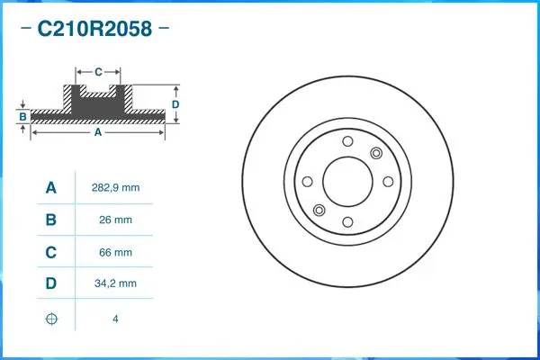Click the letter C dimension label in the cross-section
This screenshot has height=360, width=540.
98,69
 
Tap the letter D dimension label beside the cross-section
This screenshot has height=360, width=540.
175,104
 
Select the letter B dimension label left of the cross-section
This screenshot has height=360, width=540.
22,117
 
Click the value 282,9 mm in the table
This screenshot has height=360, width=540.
115,188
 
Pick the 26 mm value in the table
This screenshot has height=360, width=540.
115,220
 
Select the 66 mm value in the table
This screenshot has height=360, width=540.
115,253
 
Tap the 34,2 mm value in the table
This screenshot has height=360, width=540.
115,284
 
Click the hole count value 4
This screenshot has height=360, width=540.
115,319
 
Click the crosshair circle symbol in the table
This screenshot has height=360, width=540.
51,319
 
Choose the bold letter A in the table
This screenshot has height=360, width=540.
51,188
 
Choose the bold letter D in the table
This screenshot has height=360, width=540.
51,284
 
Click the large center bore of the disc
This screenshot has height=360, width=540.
346,180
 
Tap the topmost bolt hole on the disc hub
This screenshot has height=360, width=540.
346,141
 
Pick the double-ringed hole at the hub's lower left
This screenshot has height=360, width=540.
318,210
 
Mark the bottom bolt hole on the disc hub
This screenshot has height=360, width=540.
346,220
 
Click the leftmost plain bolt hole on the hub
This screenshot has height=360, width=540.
307,180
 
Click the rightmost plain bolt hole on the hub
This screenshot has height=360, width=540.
386,180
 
